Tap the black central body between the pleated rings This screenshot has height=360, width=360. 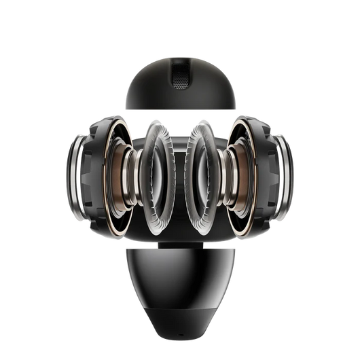click(x=179, y=146)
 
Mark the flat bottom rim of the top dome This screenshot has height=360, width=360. click(x=179, y=109)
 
